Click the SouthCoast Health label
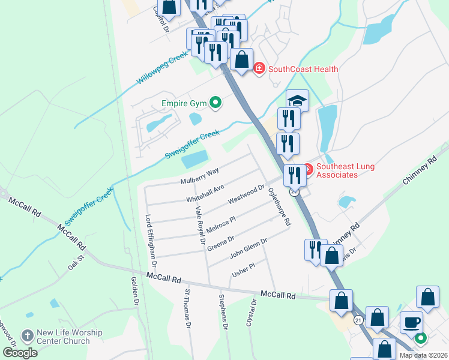coord(303,69)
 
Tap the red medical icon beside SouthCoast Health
coord(259,69)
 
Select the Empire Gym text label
coord(184,104)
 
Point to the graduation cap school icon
coord(297,100)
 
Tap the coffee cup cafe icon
coord(411,322)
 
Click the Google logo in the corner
coord(20,353)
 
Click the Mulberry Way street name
coord(200,176)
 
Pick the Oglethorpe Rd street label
coord(280,205)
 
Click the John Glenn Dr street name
coord(249,248)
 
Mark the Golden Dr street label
coord(136,292)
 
